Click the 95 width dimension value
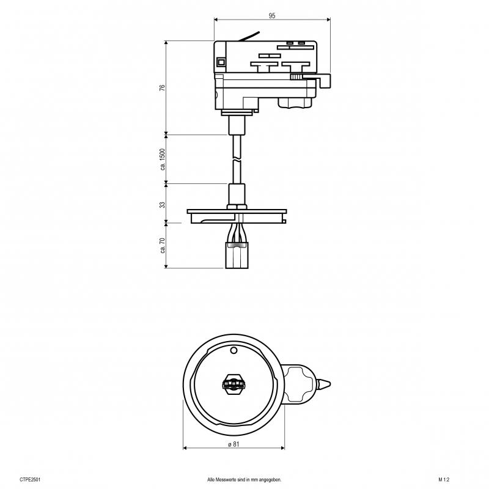click(272, 15)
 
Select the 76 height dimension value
click(162, 87)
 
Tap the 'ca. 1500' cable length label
click(162, 159)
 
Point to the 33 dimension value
click(162, 205)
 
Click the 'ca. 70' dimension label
click(162, 245)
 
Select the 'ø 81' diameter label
click(233, 444)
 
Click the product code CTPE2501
click(30, 480)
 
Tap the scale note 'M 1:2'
click(444, 480)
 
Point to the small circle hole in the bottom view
click(233, 350)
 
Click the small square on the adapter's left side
click(221, 62)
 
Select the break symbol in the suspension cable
click(237, 160)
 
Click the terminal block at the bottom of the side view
click(237, 256)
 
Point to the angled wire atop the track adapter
click(249, 36)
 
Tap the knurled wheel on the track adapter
click(296, 76)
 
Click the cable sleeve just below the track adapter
click(237, 125)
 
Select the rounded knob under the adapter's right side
click(295, 103)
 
